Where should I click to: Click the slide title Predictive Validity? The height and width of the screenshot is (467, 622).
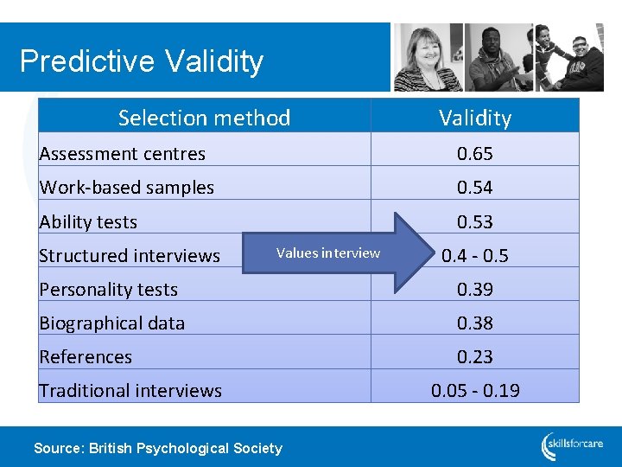pyautogui.click(x=141, y=61)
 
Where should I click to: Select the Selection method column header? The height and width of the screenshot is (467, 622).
pyautogui.click(x=204, y=118)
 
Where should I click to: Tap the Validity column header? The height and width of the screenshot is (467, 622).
pyautogui.click(x=475, y=118)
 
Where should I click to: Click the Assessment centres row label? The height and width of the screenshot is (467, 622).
pyautogui.click(x=123, y=154)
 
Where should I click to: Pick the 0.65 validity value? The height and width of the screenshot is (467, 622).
pyautogui.click(x=475, y=154)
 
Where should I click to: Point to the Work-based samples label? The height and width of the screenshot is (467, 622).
pyautogui.click(x=127, y=188)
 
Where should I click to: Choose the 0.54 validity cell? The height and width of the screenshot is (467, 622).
pyautogui.click(x=475, y=188)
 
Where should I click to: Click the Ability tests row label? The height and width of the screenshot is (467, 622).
pyautogui.click(x=88, y=222)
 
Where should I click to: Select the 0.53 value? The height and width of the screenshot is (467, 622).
pyautogui.click(x=475, y=222)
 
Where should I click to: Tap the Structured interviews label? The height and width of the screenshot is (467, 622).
pyautogui.click(x=130, y=256)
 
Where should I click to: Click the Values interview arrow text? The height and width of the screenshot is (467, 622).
pyautogui.click(x=328, y=253)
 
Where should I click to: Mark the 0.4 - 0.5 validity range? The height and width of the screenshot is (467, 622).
pyautogui.click(x=475, y=256)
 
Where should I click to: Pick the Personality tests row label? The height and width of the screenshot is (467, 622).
pyautogui.click(x=109, y=290)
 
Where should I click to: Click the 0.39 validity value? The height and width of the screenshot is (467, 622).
pyautogui.click(x=475, y=290)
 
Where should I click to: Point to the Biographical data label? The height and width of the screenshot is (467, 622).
pyautogui.click(x=112, y=323)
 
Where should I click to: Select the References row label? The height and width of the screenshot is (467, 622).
pyautogui.click(x=86, y=357)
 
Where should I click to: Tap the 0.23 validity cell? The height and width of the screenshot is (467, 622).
pyautogui.click(x=475, y=357)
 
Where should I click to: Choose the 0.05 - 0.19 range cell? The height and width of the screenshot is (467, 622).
pyautogui.click(x=475, y=391)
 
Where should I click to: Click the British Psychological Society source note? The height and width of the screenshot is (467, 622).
pyautogui.click(x=157, y=448)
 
